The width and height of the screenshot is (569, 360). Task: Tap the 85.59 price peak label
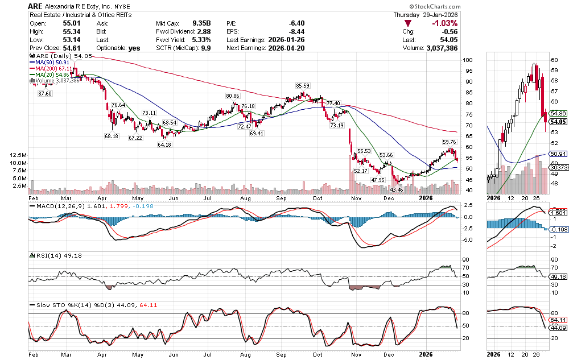(x=302, y=85)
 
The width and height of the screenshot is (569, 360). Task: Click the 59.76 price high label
(x=450, y=142)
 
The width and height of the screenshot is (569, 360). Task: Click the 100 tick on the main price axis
(x=468, y=60)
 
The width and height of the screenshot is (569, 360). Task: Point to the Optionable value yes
(x=134, y=48)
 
